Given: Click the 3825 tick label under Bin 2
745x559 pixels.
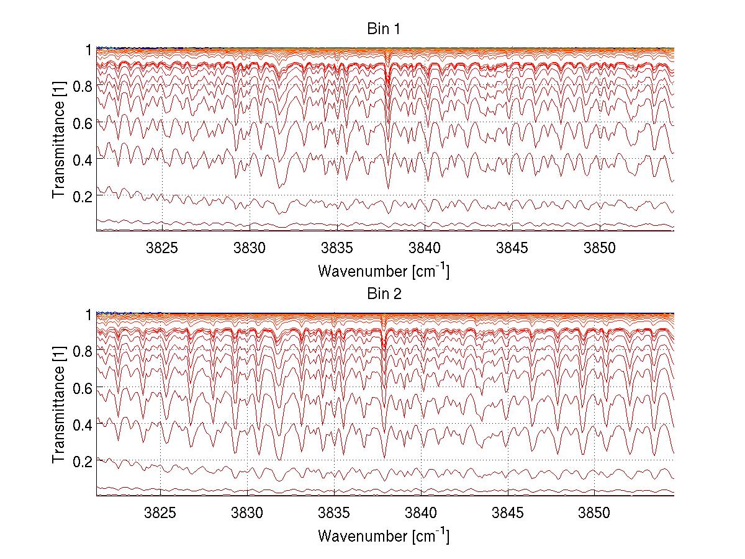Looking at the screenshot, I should [x=160, y=512].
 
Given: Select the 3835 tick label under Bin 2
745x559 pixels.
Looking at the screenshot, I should [x=335, y=512].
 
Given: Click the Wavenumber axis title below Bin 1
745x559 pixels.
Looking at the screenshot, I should [x=384, y=271].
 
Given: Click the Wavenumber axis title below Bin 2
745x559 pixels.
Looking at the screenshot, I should [x=384, y=535].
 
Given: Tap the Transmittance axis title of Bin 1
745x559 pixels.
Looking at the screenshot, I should [x=58, y=139].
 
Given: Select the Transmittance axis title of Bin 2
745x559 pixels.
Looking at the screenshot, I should [x=58, y=405].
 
